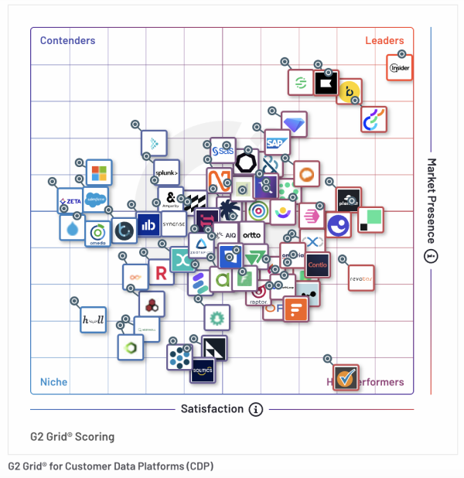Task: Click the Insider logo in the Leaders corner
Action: click(399, 69)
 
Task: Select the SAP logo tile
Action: click(276, 142)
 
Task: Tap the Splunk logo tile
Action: click(166, 172)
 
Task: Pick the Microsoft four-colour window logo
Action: click(100, 172)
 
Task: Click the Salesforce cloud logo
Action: click(95, 199)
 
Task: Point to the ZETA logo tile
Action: click(70, 201)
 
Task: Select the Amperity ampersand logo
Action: click(170, 199)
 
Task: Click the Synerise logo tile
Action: click(173, 224)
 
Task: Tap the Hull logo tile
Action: click(93, 319)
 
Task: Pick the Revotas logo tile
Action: click(361, 278)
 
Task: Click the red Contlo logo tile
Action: click(317, 265)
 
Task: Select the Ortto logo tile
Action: click(252, 234)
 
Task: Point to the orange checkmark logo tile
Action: click(346, 377)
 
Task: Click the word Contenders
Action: click(68, 40)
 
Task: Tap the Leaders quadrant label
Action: click(384, 40)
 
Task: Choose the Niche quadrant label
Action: click(53, 382)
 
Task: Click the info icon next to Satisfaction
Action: click(256, 409)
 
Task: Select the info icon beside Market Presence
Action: click(432, 256)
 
